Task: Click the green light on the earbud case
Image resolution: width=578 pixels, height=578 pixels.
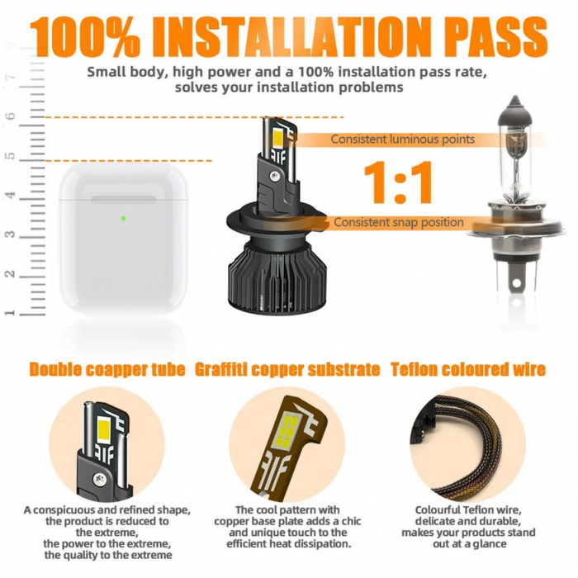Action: coord(123,219)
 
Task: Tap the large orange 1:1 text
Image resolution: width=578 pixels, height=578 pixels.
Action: coord(399,182)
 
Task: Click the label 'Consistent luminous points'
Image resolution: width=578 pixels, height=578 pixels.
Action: coord(403,140)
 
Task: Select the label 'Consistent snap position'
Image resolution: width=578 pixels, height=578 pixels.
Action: coord(399,222)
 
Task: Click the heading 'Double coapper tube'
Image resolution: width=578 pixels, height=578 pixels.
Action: coord(107,369)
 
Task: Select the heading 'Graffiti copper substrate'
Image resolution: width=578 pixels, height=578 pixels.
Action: coord(287,369)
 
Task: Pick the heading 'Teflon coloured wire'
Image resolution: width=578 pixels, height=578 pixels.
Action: coord(468,369)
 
